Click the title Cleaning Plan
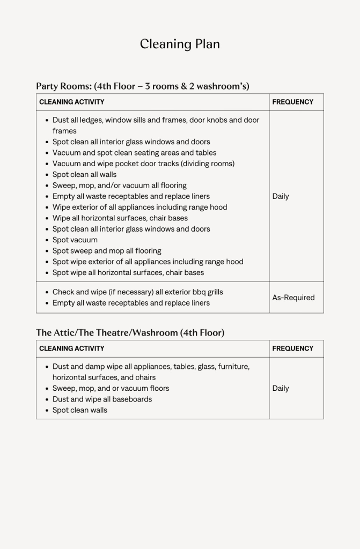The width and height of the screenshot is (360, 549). point(180,44)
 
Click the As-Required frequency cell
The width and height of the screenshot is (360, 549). point(293,298)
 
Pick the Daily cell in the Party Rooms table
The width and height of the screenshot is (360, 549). point(280,196)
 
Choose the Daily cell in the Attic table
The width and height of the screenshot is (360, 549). point(280,388)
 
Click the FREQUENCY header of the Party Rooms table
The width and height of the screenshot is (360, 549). point(292,102)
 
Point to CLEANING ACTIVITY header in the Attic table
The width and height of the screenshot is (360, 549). point(71,348)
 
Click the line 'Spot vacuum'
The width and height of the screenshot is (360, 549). point(75,240)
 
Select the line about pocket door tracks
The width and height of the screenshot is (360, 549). point(143,164)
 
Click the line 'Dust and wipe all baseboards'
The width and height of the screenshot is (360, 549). point(102,399)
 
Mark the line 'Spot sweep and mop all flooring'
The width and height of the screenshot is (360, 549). point(107,251)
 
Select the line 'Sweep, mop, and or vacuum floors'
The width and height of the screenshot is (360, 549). point(111,388)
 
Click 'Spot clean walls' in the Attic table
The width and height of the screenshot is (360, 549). point(79,410)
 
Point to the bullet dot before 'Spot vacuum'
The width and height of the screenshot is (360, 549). point(47,240)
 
